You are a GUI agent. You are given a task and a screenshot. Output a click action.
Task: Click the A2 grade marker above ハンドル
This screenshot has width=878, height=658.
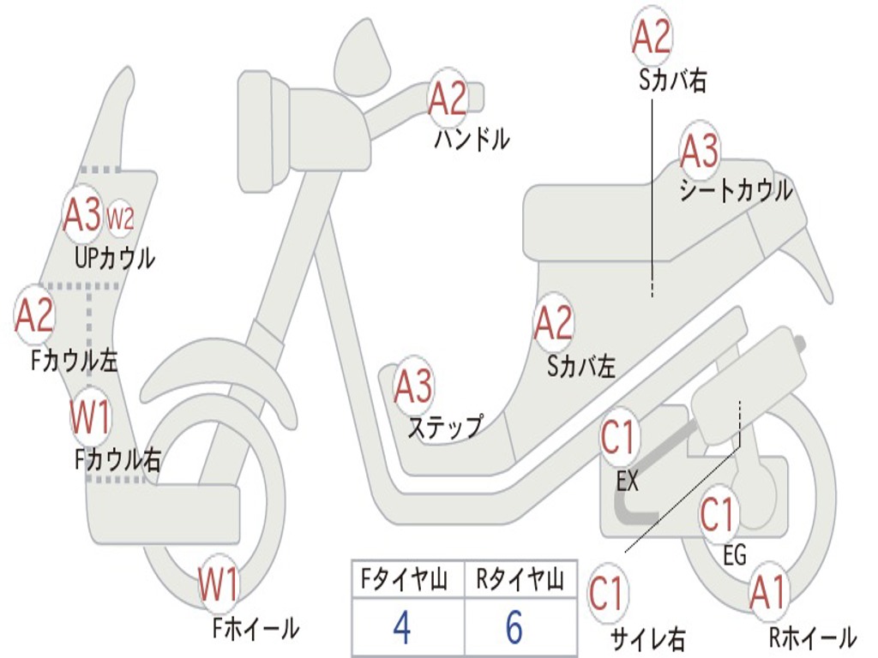[448, 99]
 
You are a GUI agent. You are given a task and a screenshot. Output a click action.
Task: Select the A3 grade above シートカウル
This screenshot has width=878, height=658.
[699, 153]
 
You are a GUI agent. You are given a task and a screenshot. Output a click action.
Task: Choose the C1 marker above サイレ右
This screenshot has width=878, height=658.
[608, 594]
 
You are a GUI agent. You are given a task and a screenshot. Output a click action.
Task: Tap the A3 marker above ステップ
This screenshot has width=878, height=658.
[412, 387]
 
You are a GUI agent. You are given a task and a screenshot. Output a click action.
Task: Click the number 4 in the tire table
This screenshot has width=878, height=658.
[401, 628]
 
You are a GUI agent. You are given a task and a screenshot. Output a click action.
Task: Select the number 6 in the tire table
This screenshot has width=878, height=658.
[514, 628]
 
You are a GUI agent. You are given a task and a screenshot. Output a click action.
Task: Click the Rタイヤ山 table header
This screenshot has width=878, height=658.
[520, 581]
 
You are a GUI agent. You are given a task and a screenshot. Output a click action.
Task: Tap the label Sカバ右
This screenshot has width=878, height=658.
[672, 81]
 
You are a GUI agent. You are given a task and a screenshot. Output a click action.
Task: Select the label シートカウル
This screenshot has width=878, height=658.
[736, 190]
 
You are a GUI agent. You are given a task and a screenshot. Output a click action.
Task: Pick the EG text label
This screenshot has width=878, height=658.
[735, 555]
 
